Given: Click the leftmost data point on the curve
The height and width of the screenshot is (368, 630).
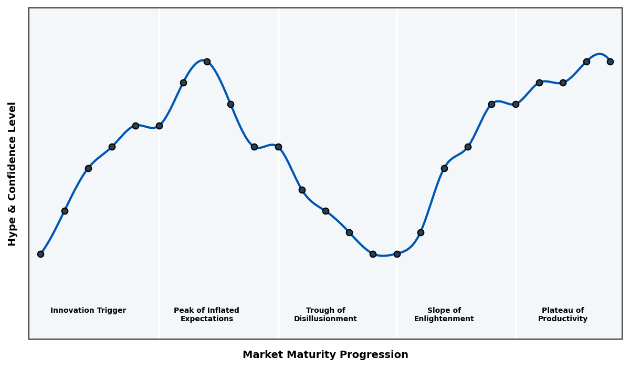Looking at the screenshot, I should click(x=40, y=254).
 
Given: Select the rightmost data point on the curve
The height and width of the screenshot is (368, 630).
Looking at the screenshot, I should click(x=610, y=62).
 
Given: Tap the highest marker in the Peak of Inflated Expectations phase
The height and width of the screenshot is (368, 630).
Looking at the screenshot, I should click(x=207, y=62).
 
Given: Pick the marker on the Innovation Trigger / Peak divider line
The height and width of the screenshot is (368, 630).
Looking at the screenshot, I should click(x=159, y=126).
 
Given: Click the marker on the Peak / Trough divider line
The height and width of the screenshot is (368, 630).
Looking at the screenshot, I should click(x=278, y=147).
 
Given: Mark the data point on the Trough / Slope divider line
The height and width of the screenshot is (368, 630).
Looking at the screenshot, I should click(x=397, y=254).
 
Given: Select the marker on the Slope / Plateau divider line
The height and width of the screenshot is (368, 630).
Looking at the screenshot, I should click(x=516, y=104).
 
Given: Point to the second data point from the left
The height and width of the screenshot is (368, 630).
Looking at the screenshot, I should click(x=65, y=211).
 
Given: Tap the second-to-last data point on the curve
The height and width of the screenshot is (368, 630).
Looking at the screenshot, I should click(x=586, y=62).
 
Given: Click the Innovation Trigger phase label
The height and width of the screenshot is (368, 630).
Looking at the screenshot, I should click(x=88, y=311).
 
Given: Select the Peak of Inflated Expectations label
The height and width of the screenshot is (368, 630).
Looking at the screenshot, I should click(x=207, y=315).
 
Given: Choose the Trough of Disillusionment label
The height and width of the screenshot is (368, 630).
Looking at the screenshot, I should click(x=325, y=315).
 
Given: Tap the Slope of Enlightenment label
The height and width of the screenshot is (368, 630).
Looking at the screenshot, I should click(x=444, y=315).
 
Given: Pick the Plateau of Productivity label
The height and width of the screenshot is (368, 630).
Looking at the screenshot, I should click(x=563, y=315).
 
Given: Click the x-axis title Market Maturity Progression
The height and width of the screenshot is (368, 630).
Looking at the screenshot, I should click(x=325, y=355).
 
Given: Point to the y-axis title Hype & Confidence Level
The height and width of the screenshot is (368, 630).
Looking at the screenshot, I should click(x=13, y=173).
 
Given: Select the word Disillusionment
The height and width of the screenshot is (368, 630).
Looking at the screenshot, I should click(x=325, y=319).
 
